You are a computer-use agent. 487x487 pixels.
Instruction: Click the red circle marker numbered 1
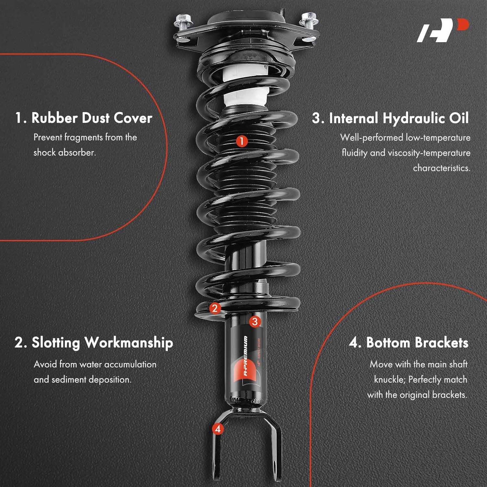point(241,141)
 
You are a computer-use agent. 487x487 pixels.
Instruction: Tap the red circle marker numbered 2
point(215,308)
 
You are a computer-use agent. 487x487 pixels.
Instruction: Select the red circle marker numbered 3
point(255,321)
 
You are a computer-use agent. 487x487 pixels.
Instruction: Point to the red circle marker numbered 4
point(218,429)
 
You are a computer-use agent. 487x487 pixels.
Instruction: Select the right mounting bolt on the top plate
point(307,20)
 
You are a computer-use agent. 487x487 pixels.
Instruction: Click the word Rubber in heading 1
point(54,118)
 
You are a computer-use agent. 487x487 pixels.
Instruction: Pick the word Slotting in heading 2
point(56,343)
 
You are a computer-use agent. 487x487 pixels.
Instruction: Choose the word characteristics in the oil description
point(441,168)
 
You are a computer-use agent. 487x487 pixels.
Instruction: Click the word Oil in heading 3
point(459,118)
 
